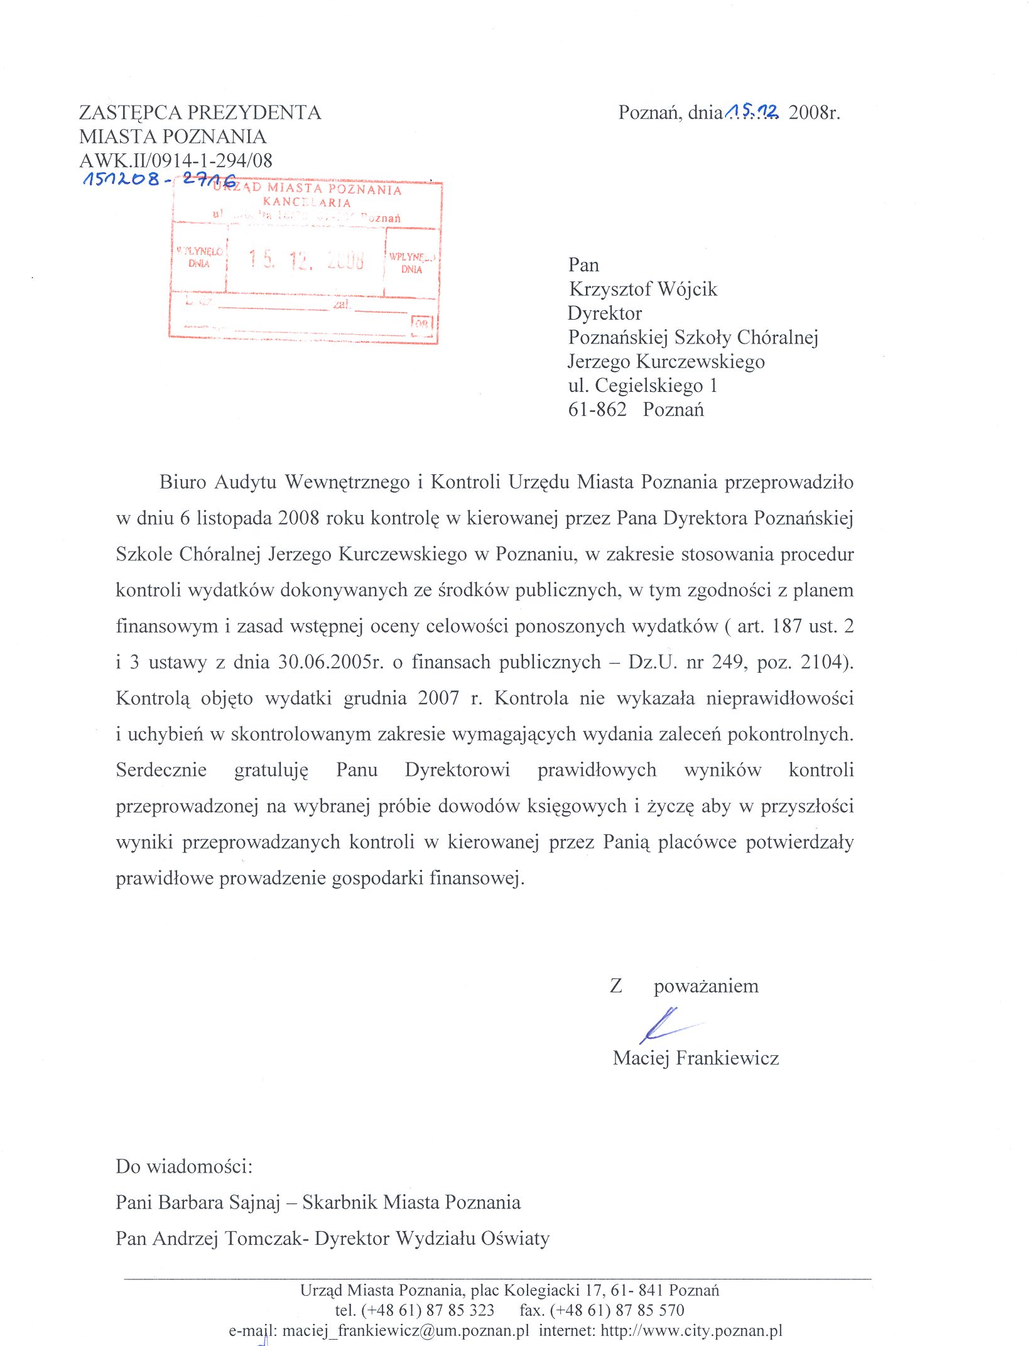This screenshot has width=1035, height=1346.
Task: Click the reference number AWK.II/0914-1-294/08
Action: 176,160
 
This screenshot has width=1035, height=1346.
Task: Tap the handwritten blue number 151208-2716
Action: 160,180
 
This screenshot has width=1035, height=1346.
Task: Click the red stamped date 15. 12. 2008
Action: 306,259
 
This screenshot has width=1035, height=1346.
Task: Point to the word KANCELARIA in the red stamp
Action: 306,202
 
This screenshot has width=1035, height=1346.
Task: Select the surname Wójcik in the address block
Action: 686,289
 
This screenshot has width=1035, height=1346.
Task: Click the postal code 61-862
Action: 597,410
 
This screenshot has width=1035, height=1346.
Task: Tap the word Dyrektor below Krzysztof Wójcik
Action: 605,313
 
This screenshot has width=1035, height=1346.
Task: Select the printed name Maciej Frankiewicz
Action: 695,1058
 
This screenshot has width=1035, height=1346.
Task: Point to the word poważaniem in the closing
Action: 706,985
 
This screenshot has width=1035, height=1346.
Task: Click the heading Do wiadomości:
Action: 184,1166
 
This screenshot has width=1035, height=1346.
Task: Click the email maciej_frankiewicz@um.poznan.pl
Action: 406,1330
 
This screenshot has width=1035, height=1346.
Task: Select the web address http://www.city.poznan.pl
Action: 691,1330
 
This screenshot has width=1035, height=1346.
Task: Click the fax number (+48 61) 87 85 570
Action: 617,1310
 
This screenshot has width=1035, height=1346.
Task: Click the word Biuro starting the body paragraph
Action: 183,482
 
